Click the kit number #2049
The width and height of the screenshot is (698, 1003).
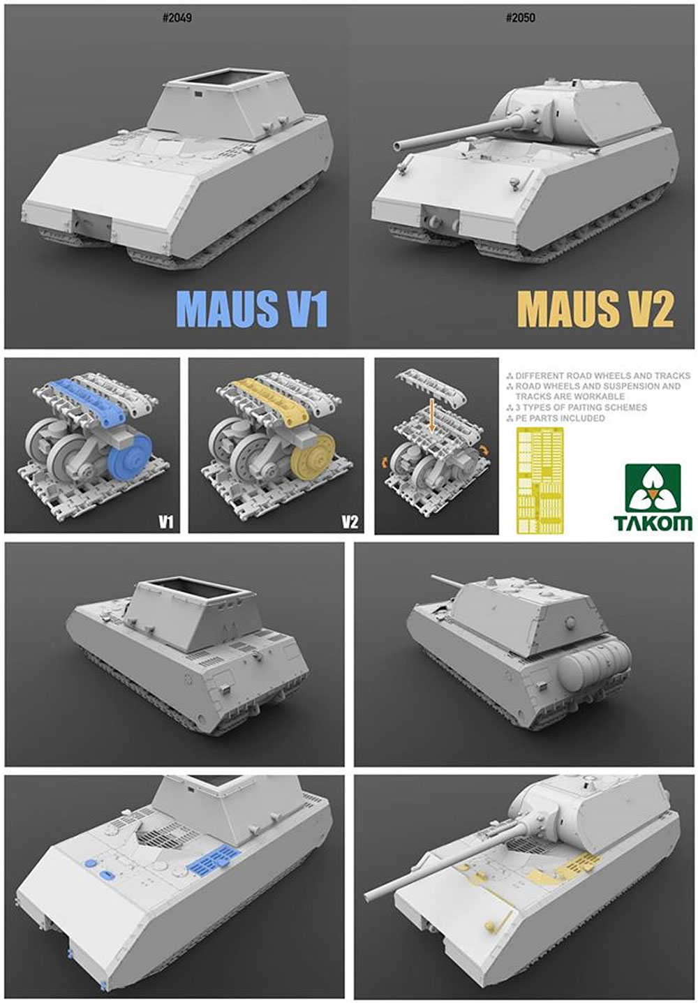click(x=178, y=18)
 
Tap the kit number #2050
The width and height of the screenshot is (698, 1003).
click(x=521, y=18)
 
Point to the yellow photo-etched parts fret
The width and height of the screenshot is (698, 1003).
click(x=540, y=480)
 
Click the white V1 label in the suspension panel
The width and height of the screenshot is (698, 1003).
click(x=166, y=522)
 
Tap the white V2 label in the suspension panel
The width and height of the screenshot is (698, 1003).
click(x=350, y=522)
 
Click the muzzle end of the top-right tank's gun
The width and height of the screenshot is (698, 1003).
click(x=397, y=146)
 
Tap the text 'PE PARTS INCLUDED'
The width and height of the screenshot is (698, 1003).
click(x=560, y=418)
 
